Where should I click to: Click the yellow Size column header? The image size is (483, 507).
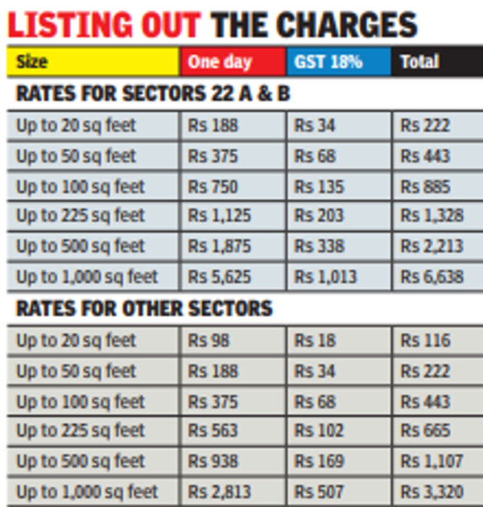pyautogui.click(x=92, y=62)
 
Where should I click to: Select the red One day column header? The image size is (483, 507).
pyautogui.click(x=233, y=62)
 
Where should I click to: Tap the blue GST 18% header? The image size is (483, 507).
pyautogui.click(x=338, y=62)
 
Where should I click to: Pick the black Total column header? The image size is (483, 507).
pyautogui.click(x=435, y=62)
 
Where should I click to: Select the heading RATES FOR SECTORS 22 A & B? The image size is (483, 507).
pyautogui.click(x=153, y=93)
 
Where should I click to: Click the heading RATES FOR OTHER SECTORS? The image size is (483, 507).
pyautogui.click(x=144, y=308)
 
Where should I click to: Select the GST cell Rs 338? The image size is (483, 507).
pyautogui.click(x=320, y=247)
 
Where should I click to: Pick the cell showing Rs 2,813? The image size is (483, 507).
pyautogui.click(x=219, y=492)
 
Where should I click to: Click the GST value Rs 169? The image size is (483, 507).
pyautogui.click(x=320, y=461)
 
